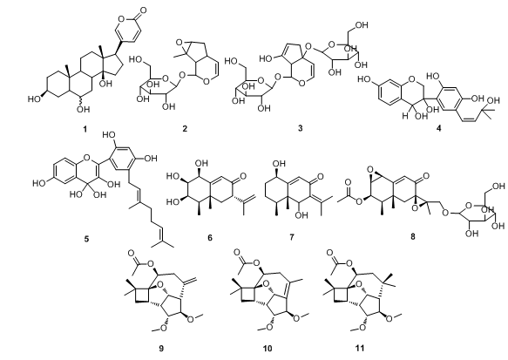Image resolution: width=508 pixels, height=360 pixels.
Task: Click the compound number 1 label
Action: pos(85,129)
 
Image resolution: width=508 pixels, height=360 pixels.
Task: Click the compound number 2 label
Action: pos(185,129)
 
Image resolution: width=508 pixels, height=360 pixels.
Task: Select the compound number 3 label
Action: pos(300,128)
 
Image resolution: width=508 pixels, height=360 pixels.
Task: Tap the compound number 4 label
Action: pos(438,128)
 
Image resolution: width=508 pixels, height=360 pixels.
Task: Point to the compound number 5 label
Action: pos(86,240)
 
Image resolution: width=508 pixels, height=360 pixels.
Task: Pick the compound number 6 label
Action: pos(210,238)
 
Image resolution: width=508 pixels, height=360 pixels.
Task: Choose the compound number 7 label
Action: pos(292,237)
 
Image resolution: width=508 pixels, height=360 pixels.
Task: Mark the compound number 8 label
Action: pos(413,237)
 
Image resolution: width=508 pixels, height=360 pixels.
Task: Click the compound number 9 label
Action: pos(161,349)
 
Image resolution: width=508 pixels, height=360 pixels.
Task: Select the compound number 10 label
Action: pos(268,349)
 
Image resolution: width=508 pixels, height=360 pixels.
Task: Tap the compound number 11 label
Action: pos(360,349)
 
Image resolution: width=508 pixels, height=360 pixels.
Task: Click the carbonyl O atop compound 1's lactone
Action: pos(143,10)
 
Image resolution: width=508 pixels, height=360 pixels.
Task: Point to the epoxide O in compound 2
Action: pos(178,42)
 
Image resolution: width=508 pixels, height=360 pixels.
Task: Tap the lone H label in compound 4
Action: pos(404,115)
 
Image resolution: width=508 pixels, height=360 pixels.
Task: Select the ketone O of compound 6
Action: pos(243,176)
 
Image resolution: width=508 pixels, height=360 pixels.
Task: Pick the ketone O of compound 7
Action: pos(321,177)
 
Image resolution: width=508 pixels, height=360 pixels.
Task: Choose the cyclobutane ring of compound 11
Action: pos(341,295)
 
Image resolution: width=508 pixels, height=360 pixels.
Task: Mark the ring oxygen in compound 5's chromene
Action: pos(86,158)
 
